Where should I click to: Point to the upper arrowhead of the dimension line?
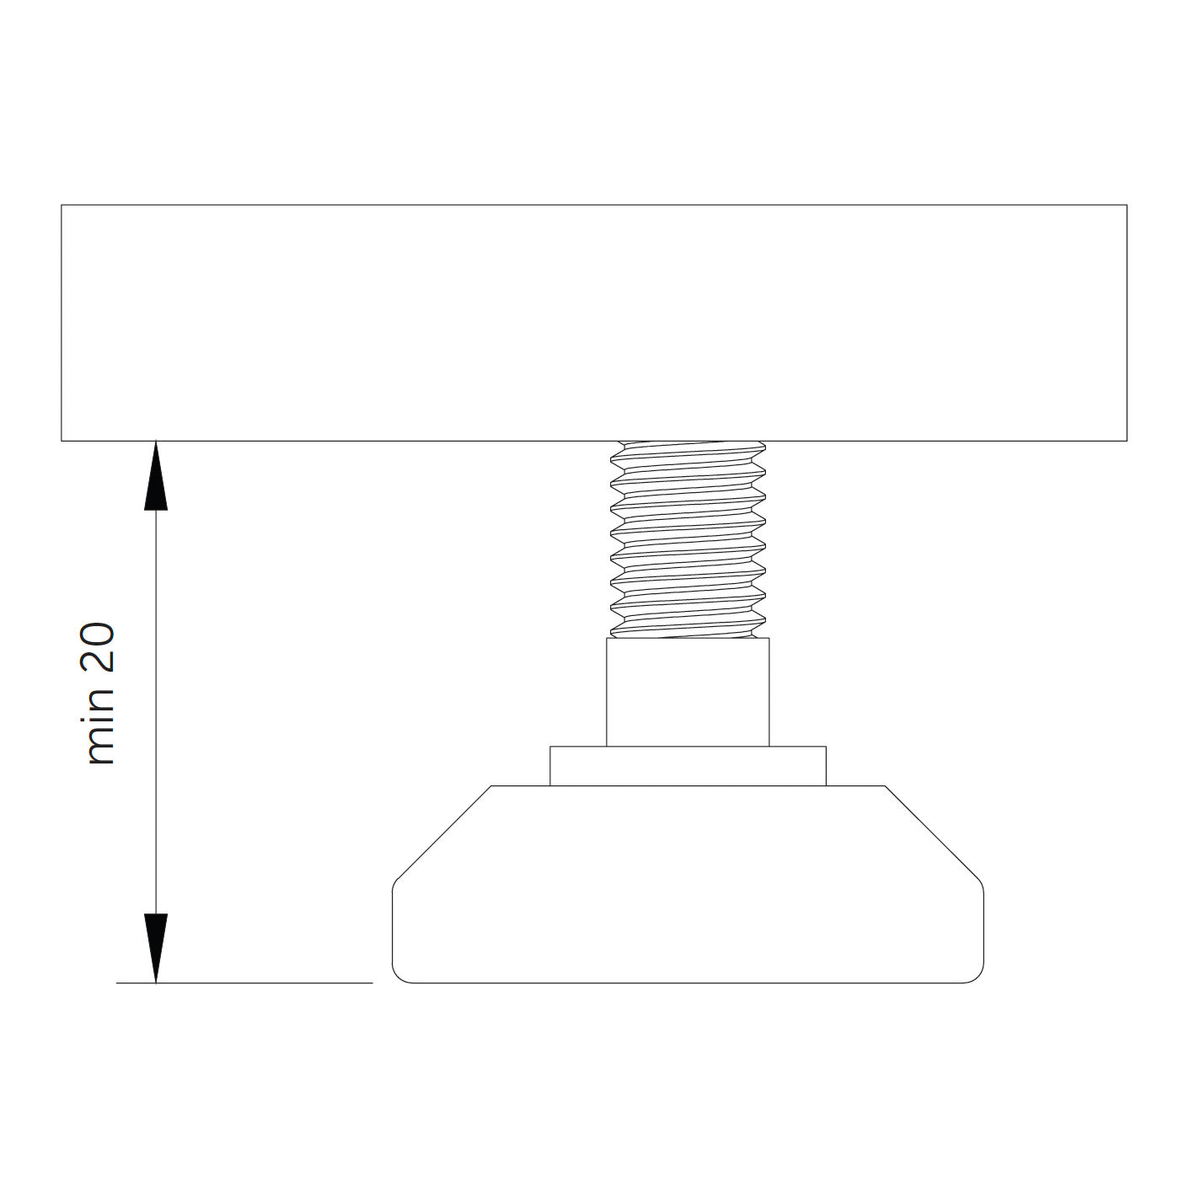click(156, 476)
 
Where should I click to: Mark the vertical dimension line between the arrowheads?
click(156, 712)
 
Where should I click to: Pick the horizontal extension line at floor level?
click(244, 983)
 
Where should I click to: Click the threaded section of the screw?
click(688, 539)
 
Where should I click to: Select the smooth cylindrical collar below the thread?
click(688, 692)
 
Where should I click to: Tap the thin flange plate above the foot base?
click(688, 766)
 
